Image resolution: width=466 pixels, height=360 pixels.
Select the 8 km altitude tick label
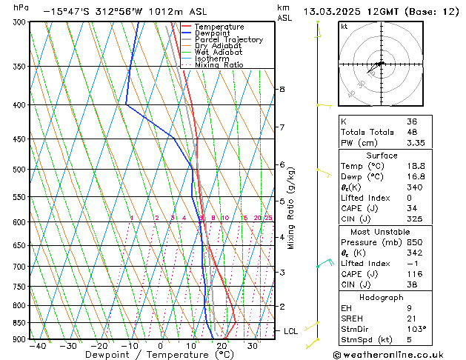(282, 89)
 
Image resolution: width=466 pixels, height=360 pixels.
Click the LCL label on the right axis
(290, 331)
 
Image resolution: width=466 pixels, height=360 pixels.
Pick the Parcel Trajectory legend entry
(228, 39)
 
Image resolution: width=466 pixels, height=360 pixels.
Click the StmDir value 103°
(416, 329)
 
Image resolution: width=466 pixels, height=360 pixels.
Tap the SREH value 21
(412, 318)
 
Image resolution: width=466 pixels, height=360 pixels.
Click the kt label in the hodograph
(344, 26)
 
